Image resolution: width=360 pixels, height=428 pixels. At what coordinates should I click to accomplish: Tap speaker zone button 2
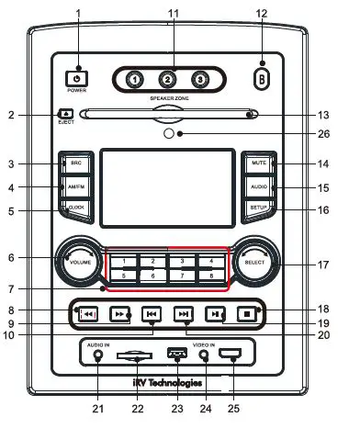(168, 79)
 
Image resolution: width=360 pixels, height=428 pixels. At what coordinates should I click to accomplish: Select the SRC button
(75, 163)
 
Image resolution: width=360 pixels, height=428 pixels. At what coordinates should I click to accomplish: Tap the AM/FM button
(75, 186)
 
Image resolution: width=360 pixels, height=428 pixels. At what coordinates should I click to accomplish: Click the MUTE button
(258, 163)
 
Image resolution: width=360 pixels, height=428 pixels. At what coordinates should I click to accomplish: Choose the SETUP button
(258, 209)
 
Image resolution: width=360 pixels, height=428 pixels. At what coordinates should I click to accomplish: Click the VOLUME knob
(77, 263)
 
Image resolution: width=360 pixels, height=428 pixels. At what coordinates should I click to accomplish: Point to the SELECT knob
(255, 263)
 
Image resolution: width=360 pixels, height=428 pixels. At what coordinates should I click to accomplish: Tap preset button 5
(122, 275)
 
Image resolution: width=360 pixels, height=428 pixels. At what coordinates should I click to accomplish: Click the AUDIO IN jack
(97, 357)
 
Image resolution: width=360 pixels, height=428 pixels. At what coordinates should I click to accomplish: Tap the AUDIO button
(258, 186)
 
